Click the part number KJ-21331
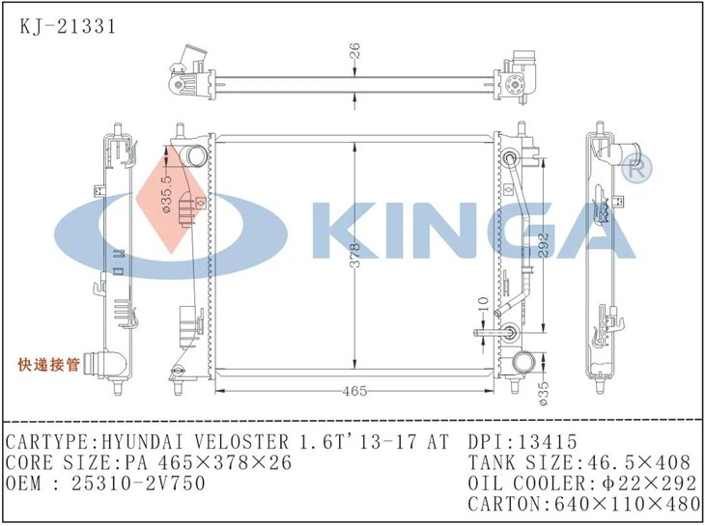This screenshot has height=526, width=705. [x=67, y=26]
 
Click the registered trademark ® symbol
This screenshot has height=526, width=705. [x=638, y=168]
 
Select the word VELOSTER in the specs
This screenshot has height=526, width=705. [x=249, y=442]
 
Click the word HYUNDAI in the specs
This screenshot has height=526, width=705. [x=139, y=442]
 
